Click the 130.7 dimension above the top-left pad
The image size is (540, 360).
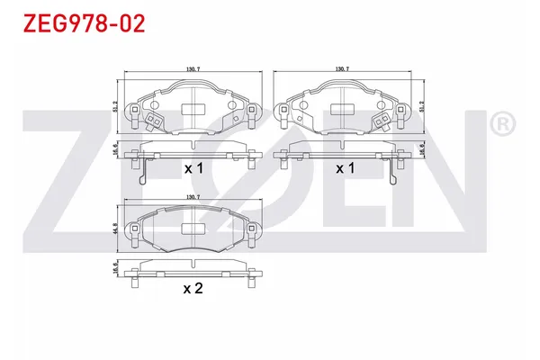[x=190, y=68]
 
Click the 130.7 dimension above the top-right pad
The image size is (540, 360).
[x=342, y=68]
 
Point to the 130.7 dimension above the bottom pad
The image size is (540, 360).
[x=190, y=197]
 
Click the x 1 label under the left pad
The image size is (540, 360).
[x=193, y=168]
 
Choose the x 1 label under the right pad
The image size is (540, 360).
[x=345, y=168]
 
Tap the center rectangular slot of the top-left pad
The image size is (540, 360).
[x=192, y=108]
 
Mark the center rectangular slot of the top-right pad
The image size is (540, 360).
[x=345, y=108]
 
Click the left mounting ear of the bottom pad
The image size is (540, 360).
[x=135, y=236]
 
